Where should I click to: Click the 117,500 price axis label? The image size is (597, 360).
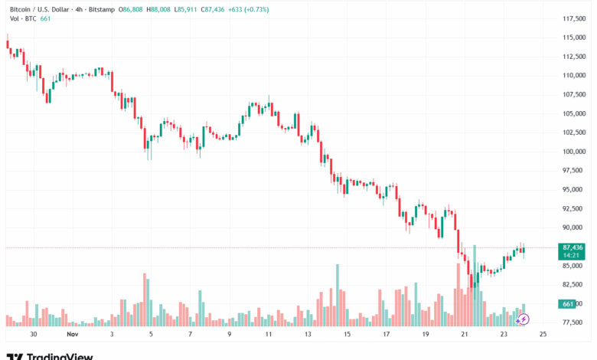pos(574,18)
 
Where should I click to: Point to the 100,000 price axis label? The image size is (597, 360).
pos(574,152)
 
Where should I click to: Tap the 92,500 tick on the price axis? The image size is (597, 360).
pos(574,208)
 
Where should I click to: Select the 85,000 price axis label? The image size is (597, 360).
pos(574,266)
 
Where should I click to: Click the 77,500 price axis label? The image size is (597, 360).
pos(574,322)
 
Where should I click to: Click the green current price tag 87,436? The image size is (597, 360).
pos(573,247)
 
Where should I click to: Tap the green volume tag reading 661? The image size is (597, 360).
pos(567,304)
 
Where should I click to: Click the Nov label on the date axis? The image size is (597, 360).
pos(73,335)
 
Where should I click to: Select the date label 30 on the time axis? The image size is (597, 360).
pos(34,335)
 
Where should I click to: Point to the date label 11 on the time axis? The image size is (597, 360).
pos(269,335)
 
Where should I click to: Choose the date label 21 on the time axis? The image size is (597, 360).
pos(464,335)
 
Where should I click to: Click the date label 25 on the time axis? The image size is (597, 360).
pos(542,335)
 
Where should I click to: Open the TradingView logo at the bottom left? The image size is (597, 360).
pos(50,356)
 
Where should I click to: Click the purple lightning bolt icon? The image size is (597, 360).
pos(524,319)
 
